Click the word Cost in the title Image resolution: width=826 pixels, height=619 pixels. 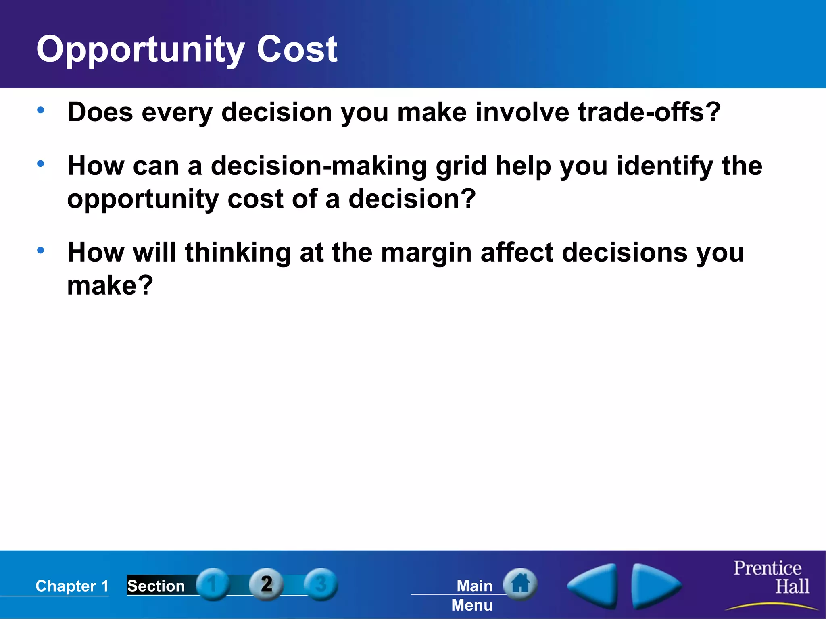pyautogui.click(x=296, y=49)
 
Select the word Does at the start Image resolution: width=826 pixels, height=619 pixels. pyautogui.click(x=100, y=112)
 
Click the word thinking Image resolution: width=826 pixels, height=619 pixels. pyautogui.click(x=238, y=253)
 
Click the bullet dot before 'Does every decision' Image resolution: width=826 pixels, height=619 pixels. pyautogui.click(x=40, y=110)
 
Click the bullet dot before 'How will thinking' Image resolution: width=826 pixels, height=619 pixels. pyautogui.click(x=40, y=250)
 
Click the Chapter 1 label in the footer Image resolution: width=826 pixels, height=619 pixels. pyautogui.click(x=72, y=586)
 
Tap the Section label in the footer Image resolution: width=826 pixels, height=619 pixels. pyautogui.click(x=156, y=586)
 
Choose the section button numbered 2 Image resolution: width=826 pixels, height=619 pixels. pyautogui.click(x=266, y=584)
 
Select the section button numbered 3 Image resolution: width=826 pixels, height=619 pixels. pyautogui.click(x=321, y=584)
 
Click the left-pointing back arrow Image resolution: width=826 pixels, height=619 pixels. pyautogui.click(x=593, y=586)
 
